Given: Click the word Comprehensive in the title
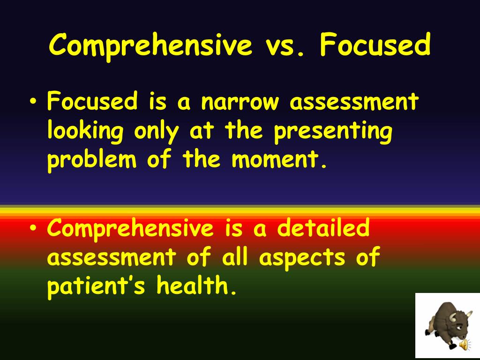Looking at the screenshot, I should [x=150, y=46].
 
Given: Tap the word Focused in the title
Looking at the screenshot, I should [x=375, y=46].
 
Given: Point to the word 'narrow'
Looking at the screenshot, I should [x=238, y=102].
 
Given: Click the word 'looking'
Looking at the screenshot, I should [x=85, y=132].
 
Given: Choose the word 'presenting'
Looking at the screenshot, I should [x=333, y=132].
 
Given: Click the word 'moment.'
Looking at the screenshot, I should [x=278, y=160].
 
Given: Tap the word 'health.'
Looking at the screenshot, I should [x=196, y=286].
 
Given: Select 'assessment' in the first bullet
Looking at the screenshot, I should [x=354, y=102].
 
